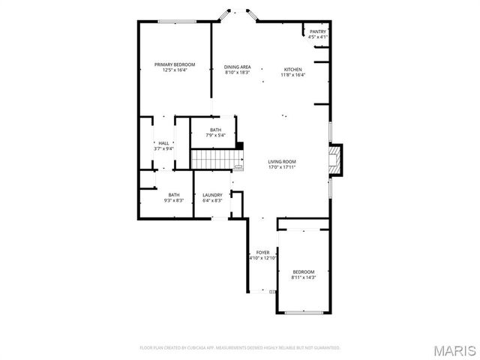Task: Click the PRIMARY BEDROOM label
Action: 175,65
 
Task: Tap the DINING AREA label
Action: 237,67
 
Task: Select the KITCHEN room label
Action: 292,69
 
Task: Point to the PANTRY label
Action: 318,31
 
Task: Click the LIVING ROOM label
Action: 283,161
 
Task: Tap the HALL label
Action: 163,143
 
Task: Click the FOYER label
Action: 262,252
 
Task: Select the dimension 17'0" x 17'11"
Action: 283,167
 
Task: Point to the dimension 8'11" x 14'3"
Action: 304,277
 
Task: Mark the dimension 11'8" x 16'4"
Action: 292,74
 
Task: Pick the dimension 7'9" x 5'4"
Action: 215,136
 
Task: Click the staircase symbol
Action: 212,160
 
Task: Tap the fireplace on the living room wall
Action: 335,159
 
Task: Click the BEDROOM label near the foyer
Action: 304,271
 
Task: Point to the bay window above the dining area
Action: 236,14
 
